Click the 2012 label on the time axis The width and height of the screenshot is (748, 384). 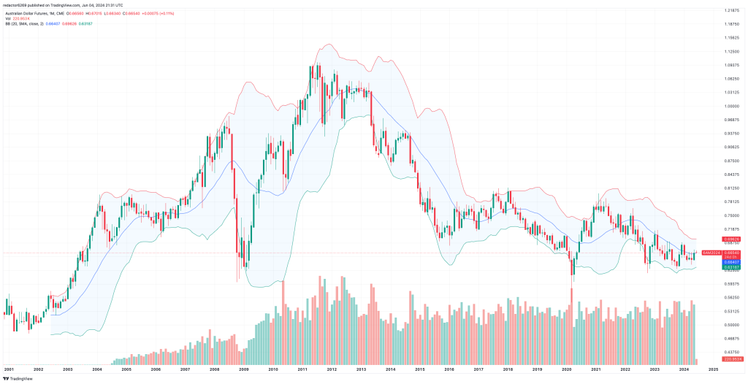[x=332, y=369]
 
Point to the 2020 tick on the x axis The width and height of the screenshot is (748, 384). [x=567, y=369]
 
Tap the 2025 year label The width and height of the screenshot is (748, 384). [x=714, y=369]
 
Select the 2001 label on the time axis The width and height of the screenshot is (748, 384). [x=9, y=369]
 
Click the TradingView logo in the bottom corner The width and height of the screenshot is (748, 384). [x=18, y=378]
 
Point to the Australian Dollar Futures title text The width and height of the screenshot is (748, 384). [x=32, y=12]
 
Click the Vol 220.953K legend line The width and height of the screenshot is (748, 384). [x=18, y=18]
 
